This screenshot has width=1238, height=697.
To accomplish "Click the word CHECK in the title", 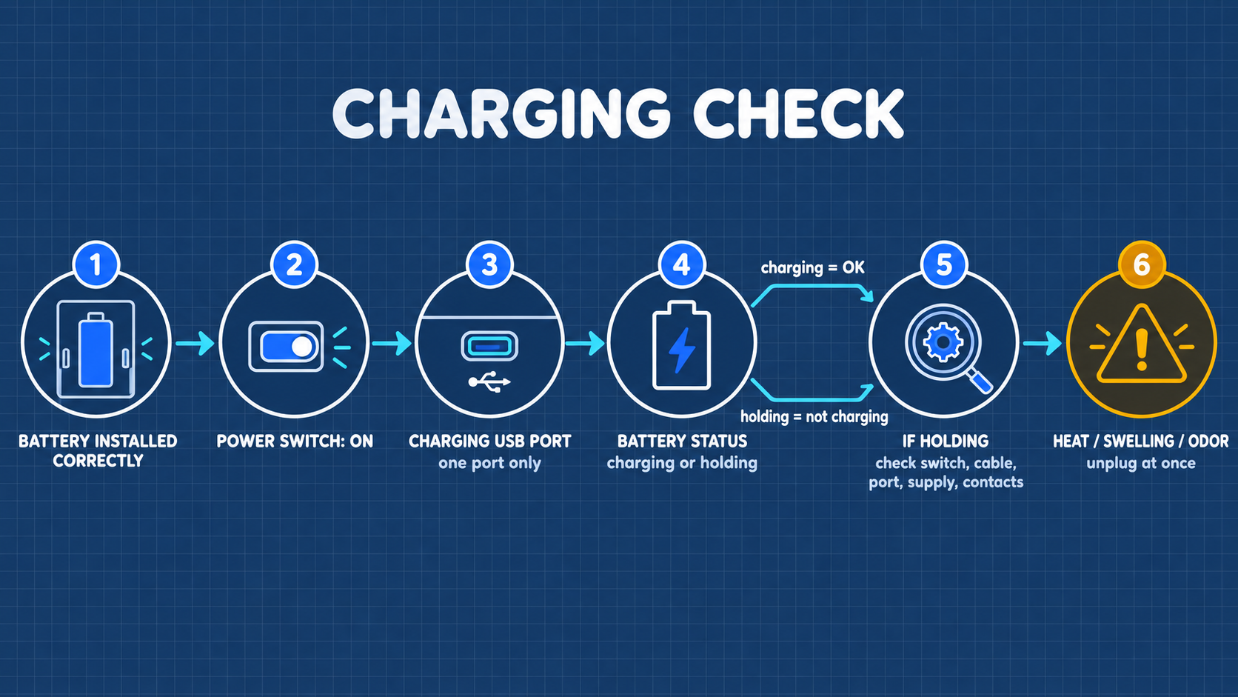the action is pos(798,114).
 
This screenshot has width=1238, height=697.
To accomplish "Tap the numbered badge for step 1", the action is pos(96,264).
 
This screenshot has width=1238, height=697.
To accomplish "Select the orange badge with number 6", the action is pos(1142,264).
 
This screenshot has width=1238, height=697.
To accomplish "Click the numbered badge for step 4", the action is pos(681,264).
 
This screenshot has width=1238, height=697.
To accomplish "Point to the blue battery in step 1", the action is pos(96,350).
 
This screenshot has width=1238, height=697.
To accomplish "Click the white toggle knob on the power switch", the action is pos(302,347).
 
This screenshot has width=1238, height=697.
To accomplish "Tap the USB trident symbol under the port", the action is pos(489,382).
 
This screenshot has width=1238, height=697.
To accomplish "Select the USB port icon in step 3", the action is pos(489,347).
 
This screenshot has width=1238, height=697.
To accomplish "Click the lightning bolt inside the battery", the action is pos(681,350).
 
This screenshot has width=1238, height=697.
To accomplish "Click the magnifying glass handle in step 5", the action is pos(980,381).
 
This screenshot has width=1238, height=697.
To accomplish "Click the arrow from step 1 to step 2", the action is pos(195,343).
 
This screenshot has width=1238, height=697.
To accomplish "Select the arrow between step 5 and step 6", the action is pos(1043,343).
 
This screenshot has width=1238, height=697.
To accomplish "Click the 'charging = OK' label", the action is pos(812,268).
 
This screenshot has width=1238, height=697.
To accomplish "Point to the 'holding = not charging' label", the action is pos(814,417).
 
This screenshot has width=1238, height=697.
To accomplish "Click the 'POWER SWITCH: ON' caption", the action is pos(295,441).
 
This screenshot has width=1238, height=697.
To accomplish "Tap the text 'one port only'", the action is pos(489,463).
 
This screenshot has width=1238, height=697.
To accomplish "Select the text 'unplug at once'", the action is pos(1141,463).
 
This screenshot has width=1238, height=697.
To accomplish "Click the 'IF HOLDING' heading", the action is pos(945,441).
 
